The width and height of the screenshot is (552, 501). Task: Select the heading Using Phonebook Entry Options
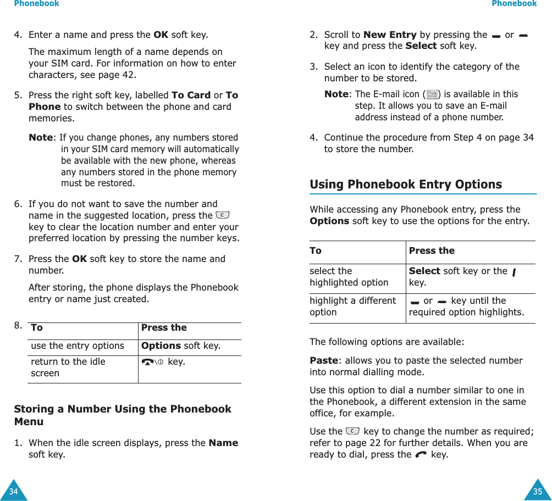(x=405, y=185)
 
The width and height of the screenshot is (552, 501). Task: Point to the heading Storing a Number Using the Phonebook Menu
(x=122, y=415)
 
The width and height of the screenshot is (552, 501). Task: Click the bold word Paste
(x=323, y=360)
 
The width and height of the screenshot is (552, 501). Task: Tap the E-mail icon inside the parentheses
(x=432, y=94)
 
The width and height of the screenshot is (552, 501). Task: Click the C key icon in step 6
(x=223, y=215)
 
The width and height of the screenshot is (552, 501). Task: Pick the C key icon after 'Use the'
(x=353, y=431)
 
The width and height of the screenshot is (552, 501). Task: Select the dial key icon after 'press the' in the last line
(x=421, y=454)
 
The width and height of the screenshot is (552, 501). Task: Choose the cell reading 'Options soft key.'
(x=181, y=346)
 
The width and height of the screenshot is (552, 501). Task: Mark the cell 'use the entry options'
(x=78, y=346)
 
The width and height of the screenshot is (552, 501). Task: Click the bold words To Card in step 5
(x=191, y=95)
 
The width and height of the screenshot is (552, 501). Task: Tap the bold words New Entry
(x=389, y=35)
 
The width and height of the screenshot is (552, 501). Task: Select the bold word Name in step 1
(x=223, y=443)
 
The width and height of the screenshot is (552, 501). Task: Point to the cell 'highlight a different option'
(x=352, y=307)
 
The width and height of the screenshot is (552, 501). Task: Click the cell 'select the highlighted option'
(x=349, y=277)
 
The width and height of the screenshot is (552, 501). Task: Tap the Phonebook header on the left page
(x=36, y=4)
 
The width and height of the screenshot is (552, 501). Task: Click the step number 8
(x=18, y=325)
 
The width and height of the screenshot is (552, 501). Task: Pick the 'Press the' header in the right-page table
(x=432, y=250)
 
